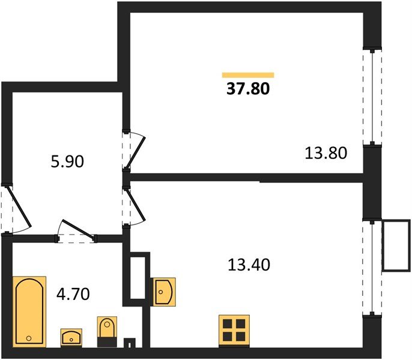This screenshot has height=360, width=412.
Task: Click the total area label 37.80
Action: click(x=248, y=89)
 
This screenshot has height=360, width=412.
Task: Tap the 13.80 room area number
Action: click(x=326, y=153)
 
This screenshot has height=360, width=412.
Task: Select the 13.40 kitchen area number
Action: click(x=249, y=265)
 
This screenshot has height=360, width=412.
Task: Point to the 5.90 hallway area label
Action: click(x=67, y=161)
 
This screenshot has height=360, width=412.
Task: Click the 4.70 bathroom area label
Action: click(x=73, y=294)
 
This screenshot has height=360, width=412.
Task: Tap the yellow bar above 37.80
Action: click(x=248, y=75)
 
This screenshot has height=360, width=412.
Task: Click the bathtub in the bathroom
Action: click(x=29, y=311)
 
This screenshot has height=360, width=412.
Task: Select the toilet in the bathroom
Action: click(x=107, y=332)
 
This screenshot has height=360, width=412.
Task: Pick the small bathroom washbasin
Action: click(x=71, y=337)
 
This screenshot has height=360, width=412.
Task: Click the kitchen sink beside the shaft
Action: click(x=164, y=292)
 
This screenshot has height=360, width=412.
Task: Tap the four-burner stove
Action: click(x=234, y=331)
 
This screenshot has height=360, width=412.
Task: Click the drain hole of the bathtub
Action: click(x=29, y=338)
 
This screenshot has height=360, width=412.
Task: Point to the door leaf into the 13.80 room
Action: click(x=136, y=153)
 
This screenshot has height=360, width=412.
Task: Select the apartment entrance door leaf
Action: click(x=19, y=206)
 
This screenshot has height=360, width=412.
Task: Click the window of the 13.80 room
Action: click(x=372, y=97)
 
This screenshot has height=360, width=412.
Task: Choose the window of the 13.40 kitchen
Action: click(x=372, y=268)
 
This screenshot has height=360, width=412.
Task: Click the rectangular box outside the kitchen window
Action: click(x=396, y=245)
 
